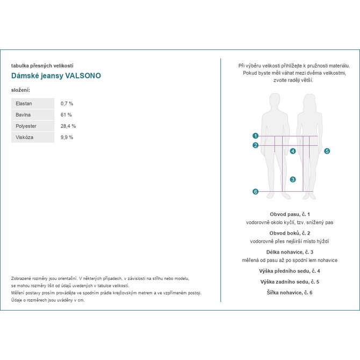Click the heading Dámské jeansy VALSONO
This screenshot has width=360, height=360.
tap(56, 76)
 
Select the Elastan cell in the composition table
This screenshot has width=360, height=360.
tap(33, 103)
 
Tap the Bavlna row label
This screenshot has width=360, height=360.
tap(33, 114)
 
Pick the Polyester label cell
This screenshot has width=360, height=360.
tap(33, 126)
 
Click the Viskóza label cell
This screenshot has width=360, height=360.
tap(33, 137)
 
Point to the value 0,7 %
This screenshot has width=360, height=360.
tap(67, 103)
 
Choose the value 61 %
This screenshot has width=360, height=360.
tap(66, 114)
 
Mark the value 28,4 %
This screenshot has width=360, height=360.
tap(68, 126)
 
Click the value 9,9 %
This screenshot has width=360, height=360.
tap(67, 137)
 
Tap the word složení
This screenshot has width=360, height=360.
tap(20, 90)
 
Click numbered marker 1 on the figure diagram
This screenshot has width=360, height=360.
tap(256, 136)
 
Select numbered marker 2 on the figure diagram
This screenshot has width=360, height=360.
tap(256, 145)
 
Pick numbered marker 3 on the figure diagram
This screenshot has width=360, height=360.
tap(293, 179)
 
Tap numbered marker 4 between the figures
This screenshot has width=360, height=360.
tap(293, 152)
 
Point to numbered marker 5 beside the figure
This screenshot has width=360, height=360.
tap(327, 152)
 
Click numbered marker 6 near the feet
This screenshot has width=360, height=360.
tap(256, 192)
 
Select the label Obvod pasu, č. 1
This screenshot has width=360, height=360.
tap(290, 214)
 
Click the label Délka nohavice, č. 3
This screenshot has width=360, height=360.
tap(290, 252)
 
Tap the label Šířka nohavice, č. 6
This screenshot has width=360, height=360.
tap(290, 292)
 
